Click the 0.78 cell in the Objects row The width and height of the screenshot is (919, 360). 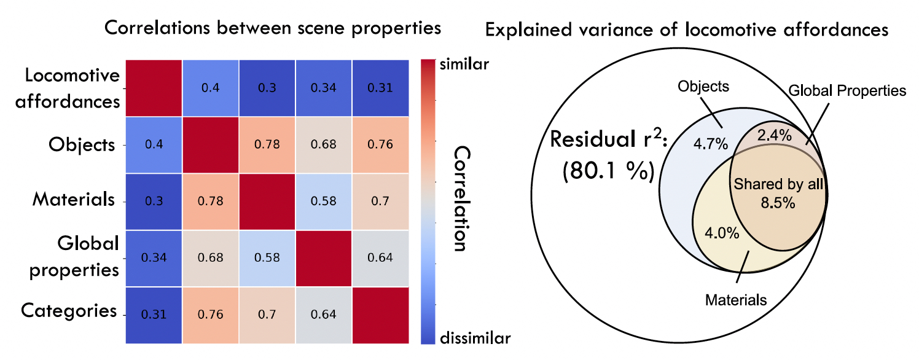267,146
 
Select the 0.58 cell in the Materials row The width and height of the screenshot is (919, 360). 324,202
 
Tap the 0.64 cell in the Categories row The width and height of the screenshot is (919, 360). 324,315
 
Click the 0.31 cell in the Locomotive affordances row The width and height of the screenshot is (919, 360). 380,88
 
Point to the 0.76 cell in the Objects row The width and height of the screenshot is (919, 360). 380,146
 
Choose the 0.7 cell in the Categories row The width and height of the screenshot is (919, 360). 267,315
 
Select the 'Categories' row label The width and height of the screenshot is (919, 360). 69,310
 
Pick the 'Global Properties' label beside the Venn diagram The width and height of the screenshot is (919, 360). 847,91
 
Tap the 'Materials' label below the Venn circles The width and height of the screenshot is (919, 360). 736,300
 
